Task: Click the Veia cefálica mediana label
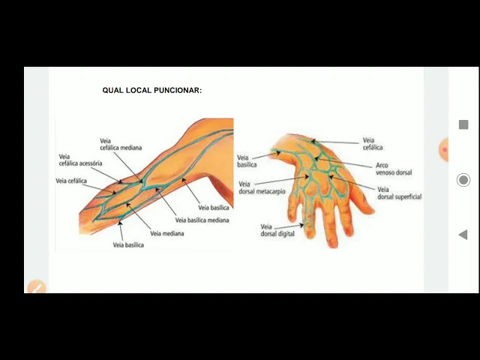(121, 144)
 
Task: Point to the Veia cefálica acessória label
(80, 160)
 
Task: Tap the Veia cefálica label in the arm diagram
(71, 181)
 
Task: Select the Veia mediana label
(166, 233)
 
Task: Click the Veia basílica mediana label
(202, 220)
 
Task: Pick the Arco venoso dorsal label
(393, 169)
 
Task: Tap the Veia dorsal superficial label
(399, 193)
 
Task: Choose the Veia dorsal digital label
(277, 230)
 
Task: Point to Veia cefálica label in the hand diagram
(373, 143)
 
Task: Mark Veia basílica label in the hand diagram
(247, 160)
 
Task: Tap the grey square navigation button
(463, 124)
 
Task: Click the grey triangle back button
(463, 235)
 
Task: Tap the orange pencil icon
(35, 286)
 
